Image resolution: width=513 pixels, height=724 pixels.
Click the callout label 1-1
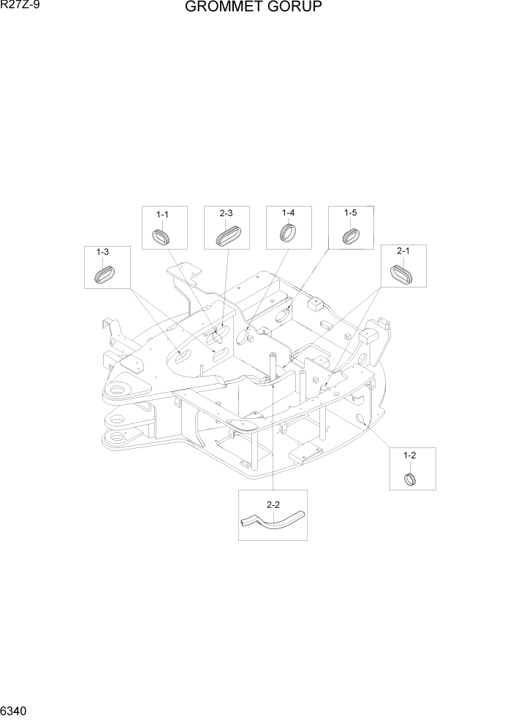coord(162,215)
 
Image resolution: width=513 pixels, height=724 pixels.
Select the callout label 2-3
coord(226,213)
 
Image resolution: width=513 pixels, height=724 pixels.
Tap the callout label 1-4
coord(288,213)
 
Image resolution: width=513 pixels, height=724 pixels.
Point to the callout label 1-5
coord(350,213)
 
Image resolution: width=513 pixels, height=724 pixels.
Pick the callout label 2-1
coord(403,252)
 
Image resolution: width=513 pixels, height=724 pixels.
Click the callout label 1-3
coord(103,253)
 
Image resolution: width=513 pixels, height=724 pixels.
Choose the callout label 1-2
coord(410,455)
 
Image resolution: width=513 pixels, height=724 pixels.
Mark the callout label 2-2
coord(273,504)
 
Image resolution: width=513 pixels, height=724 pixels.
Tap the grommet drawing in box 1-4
coord(288,234)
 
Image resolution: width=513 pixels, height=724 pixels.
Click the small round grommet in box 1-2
coord(411,479)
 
